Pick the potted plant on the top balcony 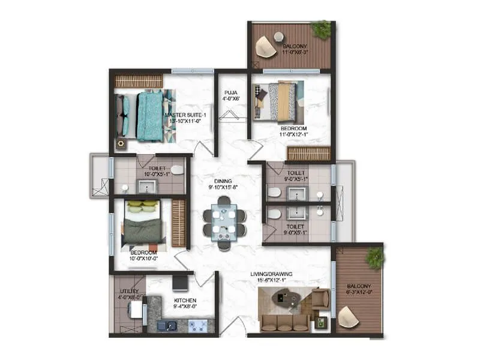click(322, 29)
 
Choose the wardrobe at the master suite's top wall click(139, 80)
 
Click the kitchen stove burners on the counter click(200, 326)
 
